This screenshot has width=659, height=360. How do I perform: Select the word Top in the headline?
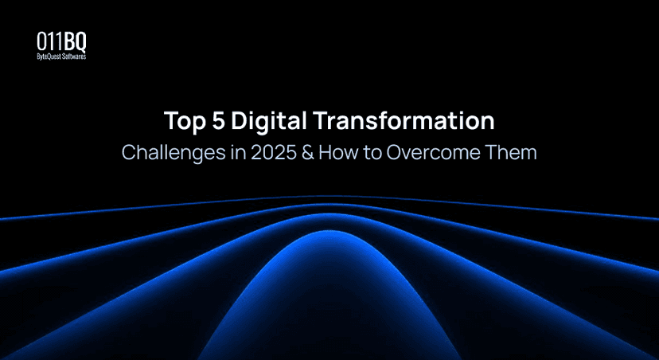point(181,122)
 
